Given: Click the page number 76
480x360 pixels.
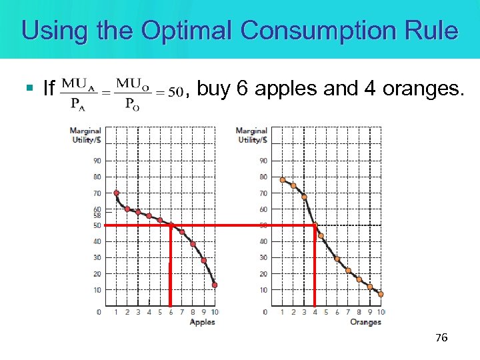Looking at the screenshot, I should tap(441, 338).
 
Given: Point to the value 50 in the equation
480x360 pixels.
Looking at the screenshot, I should tap(175, 93).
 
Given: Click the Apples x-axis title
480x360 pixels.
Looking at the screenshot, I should tap(203, 322).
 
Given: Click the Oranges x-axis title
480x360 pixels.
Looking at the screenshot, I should tap(365, 322).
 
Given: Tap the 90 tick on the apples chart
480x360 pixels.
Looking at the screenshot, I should tap(97, 161).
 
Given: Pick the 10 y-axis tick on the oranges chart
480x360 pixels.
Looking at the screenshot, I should tap(263, 290).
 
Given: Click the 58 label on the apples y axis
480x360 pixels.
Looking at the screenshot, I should tap(97, 215).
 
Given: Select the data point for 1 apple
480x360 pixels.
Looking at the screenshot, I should tap(117, 193).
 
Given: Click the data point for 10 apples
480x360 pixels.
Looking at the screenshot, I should tap(215, 285).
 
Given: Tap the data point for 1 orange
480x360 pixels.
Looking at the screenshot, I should tap(283, 179).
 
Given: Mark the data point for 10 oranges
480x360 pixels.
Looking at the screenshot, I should tap(381, 294).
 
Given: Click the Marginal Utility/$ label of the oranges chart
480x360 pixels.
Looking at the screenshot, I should tap(251, 135).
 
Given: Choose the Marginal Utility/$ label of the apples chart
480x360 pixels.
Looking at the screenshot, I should tap(87, 135).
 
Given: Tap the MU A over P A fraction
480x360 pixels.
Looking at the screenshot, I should tap(77, 92).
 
